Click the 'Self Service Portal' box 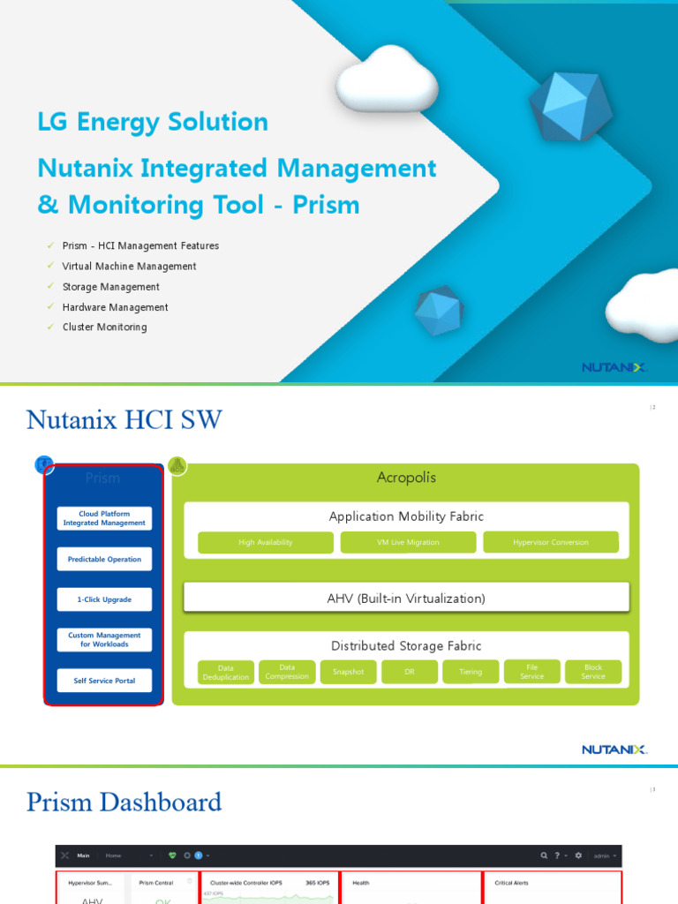point(104,681)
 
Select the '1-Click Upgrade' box point(104,599)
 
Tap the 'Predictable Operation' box point(104,559)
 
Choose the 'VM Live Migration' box point(408,542)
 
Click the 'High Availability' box point(266,542)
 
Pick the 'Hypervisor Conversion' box point(551,542)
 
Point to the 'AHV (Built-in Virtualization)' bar point(406,599)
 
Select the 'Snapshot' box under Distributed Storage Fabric point(348,672)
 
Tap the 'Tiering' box point(471,672)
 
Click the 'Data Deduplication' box point(226,672)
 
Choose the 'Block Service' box point(593,672)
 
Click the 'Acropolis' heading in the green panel point(406,478)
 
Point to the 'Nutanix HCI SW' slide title point(124,420)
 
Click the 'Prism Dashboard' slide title point(124,802)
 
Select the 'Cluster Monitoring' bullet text point(104,328)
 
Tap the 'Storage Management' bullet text point(110,287)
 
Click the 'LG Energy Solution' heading point(153,122)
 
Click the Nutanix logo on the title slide point(614,367)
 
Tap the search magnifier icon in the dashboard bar point(546,855)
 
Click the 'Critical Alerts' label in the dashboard point(510,883)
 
